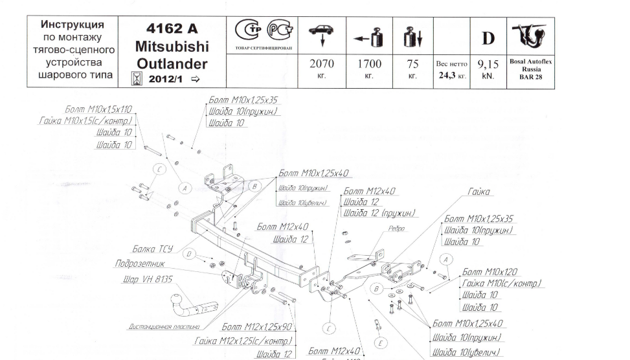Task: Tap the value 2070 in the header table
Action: click(x=321, y=63)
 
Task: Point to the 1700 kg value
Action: click(x=369, y=63)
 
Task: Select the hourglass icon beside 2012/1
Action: click(x=137, y=80)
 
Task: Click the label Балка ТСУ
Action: click(x=152, y=249)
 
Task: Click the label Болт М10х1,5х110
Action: click(x=98, y=109)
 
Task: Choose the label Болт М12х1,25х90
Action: click(x=257, y=328)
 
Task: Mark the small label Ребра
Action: click(x=396, y=229)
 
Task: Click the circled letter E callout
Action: click(x=381, y=343)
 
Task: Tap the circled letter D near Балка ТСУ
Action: click(x=189, y=254)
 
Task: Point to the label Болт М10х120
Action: click(x=490, y=272)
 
